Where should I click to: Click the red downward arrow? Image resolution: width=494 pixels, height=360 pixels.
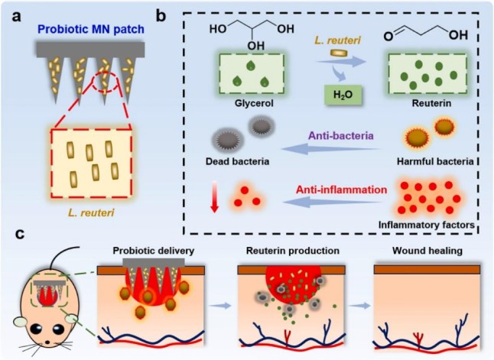[x=216, y=199]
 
